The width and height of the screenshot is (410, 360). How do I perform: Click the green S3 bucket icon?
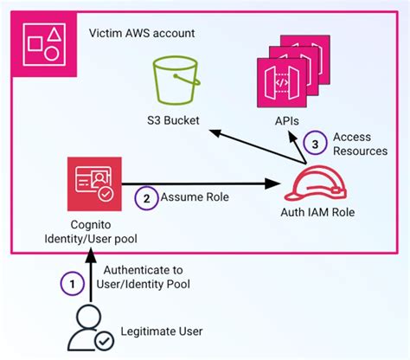click(x=176, y=80)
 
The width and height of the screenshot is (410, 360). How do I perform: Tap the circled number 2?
click(x=147, y=196)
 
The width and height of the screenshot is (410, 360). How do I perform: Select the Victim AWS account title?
click(x=142, y=34)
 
